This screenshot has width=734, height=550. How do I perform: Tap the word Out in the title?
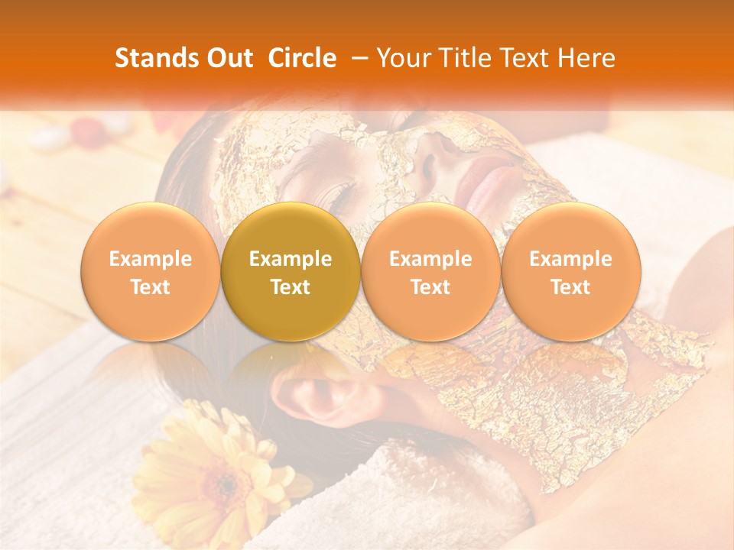(x=229, y=58)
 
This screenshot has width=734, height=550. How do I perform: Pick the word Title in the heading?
(x=467, y=58)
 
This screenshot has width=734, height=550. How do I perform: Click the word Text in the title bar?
(x=528, y=58)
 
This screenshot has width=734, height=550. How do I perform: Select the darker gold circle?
(x=291, y=272)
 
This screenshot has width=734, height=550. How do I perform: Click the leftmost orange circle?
(x=150, y=272)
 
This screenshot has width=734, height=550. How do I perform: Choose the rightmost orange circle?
(x=570, y=272)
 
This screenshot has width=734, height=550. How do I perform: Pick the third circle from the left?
(x=430, y=272)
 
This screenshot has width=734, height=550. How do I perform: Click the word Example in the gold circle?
(x=291, y=259)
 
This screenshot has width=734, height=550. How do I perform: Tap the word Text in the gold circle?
(x=291, y=286)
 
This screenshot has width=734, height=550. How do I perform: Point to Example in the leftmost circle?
(x=150, y=259)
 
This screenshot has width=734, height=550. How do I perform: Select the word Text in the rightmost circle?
(x=570, y=286)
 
